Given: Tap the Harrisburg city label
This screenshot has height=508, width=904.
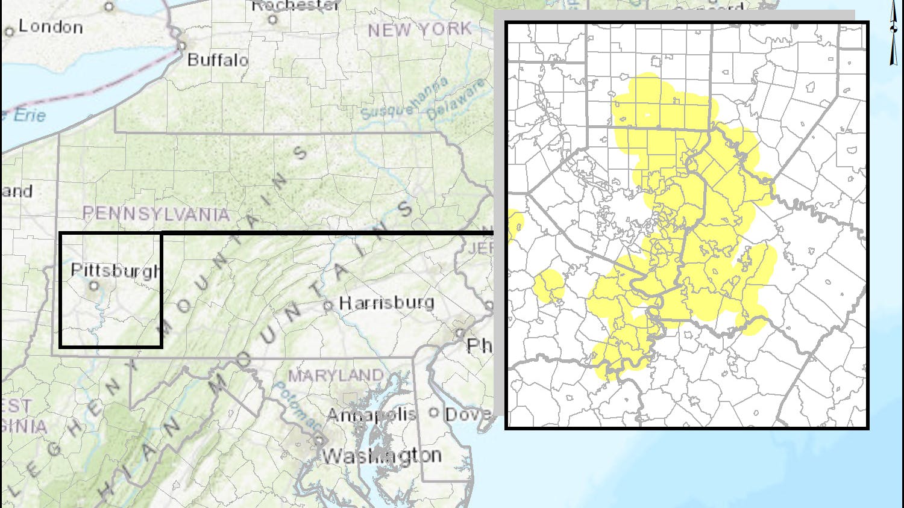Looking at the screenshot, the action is (x=386, y=302).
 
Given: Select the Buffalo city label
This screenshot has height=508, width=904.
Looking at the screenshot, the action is (x=218, y=60).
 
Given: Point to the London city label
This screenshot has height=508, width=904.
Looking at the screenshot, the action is (x=51, y=26).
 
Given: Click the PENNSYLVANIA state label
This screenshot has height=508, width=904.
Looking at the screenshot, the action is (x=156, y=213).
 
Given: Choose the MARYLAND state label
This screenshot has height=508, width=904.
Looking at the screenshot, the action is (x=335, y=376).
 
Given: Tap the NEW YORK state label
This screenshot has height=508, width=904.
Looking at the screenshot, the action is (x=419, y=29).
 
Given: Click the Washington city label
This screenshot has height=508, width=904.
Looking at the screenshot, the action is (x=381, y=456).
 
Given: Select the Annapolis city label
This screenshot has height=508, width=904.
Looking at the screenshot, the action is (x=371, y=414).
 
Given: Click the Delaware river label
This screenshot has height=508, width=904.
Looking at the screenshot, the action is (x=456, y=99).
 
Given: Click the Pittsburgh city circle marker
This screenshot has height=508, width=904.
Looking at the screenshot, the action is (x=94, y=286).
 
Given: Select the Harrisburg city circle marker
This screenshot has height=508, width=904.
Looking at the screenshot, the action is (x=328, y=306).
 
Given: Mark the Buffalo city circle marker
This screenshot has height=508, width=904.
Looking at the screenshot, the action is (x=181, y=46).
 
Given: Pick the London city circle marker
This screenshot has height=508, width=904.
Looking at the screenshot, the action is (x=9, y=31).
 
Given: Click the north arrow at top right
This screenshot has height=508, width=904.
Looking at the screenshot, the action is (x=893, y=33).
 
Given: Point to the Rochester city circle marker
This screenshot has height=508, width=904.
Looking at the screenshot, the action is (x=272, y=19).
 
